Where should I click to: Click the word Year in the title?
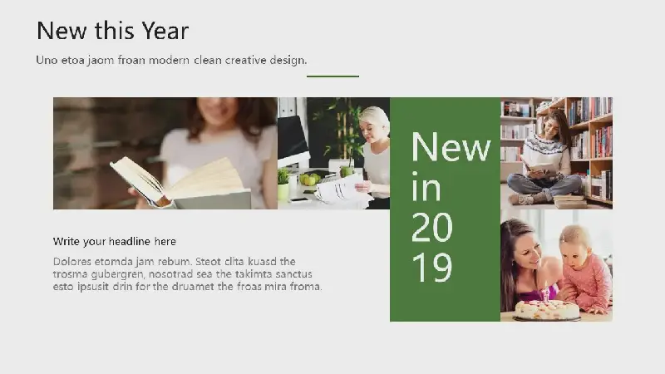tap(165, 31)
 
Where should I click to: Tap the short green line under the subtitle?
tap(333, 76)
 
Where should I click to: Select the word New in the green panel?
tap(451, 147)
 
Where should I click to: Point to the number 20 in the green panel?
tap(431, 227)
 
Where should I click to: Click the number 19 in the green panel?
tap(431, 268)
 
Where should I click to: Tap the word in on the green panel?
tap(426, 186)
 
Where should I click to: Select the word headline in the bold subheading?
tap(130, 241)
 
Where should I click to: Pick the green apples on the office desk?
tap(310, 179)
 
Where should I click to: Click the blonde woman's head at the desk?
tap(373, 124)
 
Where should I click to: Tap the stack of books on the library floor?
tap(570, 201)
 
